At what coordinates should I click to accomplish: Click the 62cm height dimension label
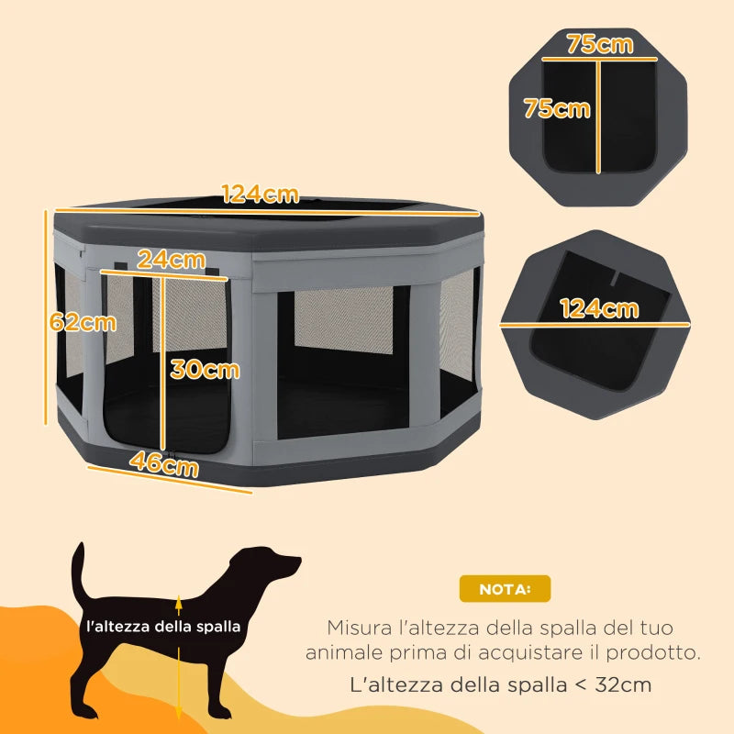point(83,322)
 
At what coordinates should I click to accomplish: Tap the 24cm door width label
point(171,260)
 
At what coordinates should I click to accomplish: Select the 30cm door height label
point(205,369)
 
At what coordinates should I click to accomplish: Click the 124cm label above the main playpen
point(261,195)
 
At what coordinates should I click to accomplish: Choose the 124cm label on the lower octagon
point(599,308)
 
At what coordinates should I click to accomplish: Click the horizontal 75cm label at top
point(599,44)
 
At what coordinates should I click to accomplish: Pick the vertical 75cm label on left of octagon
point(556,108)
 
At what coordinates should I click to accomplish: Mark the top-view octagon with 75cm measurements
point(598,115)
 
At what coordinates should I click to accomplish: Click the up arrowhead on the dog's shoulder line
point(179,602)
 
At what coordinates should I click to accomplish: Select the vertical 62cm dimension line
point(45,317)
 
